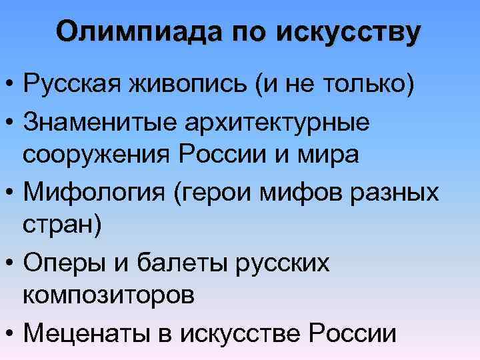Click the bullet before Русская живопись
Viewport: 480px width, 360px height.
tap(11, 87)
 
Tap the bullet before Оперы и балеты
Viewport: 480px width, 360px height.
tap(11, 262)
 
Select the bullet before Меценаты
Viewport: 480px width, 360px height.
tap(11, 332)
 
